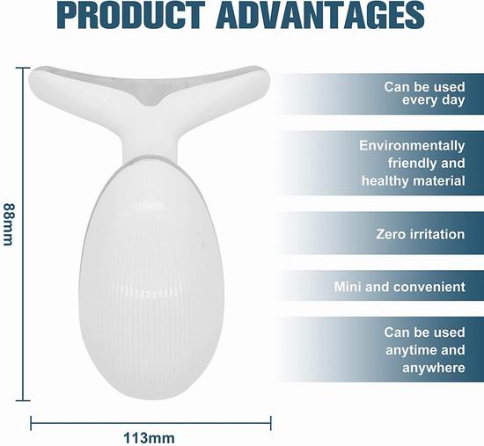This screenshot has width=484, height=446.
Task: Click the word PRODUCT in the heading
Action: tap(131, 14)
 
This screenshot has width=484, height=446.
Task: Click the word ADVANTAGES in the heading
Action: tap(320, 14)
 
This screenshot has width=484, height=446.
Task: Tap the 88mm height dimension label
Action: tap(8, 223)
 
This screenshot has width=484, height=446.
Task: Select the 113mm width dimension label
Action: tap(149, 438)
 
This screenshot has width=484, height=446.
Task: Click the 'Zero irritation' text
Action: tap(421, 234)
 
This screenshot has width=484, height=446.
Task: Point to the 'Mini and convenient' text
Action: tap(400, 287)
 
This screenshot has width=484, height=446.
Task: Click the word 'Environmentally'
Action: tap(412, 145)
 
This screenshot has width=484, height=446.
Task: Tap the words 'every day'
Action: tap(433, 100)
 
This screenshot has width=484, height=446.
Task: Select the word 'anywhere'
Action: tap(433, 368)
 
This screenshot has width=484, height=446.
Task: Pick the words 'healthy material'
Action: tap(414, 180)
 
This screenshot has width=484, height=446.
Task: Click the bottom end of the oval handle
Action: tap(151, 398)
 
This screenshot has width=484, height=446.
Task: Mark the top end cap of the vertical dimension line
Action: tap(23, 68)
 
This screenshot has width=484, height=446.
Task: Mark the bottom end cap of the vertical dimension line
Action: tap(23, 400)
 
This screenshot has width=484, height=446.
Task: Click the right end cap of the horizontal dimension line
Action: tap(271, 423)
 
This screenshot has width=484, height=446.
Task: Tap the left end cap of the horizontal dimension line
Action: tap(31, 423)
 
